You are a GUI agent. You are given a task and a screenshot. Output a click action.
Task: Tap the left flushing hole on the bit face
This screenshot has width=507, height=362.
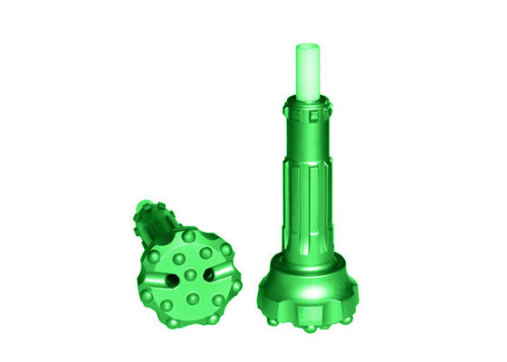click(171, 280)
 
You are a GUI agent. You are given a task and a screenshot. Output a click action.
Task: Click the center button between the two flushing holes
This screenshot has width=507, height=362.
click(191, 275)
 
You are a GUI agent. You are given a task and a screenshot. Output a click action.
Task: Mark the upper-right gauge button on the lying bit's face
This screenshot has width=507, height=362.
click(226, 249)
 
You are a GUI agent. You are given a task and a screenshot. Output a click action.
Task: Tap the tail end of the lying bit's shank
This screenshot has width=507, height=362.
click(143, 206)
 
